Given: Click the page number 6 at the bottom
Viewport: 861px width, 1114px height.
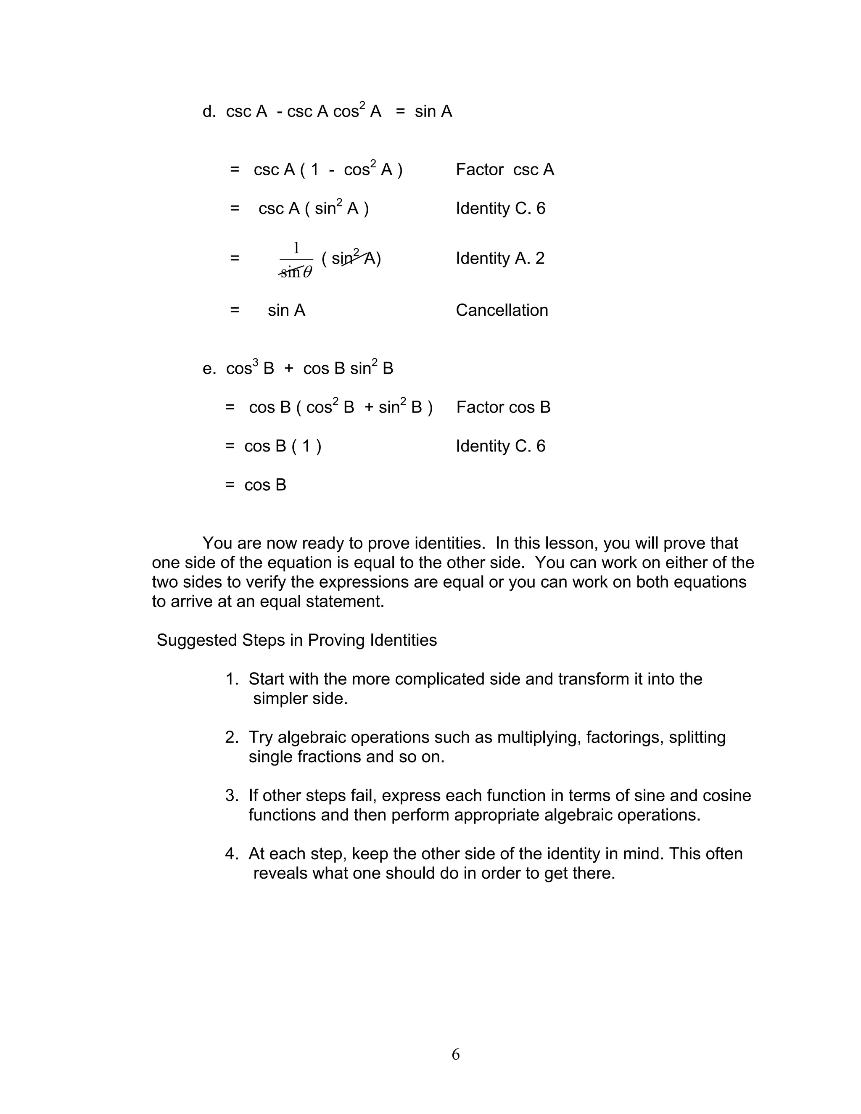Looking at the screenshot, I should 455,1054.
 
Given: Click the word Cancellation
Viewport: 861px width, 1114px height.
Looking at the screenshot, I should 502,310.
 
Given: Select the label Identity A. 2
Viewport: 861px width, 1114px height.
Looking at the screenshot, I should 500,259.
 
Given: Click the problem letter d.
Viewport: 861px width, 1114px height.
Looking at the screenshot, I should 208,112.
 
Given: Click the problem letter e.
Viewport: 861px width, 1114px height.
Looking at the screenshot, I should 208,369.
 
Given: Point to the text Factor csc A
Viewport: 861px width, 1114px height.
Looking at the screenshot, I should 504,170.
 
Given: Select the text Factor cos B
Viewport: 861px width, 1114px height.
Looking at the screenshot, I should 503,407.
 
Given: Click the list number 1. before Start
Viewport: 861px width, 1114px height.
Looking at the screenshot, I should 232,679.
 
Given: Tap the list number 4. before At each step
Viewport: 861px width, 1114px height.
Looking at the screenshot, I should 232,854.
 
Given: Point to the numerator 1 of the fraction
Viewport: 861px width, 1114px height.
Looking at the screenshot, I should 296,248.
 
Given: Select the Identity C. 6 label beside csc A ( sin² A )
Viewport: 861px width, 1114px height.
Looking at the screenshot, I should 500,209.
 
